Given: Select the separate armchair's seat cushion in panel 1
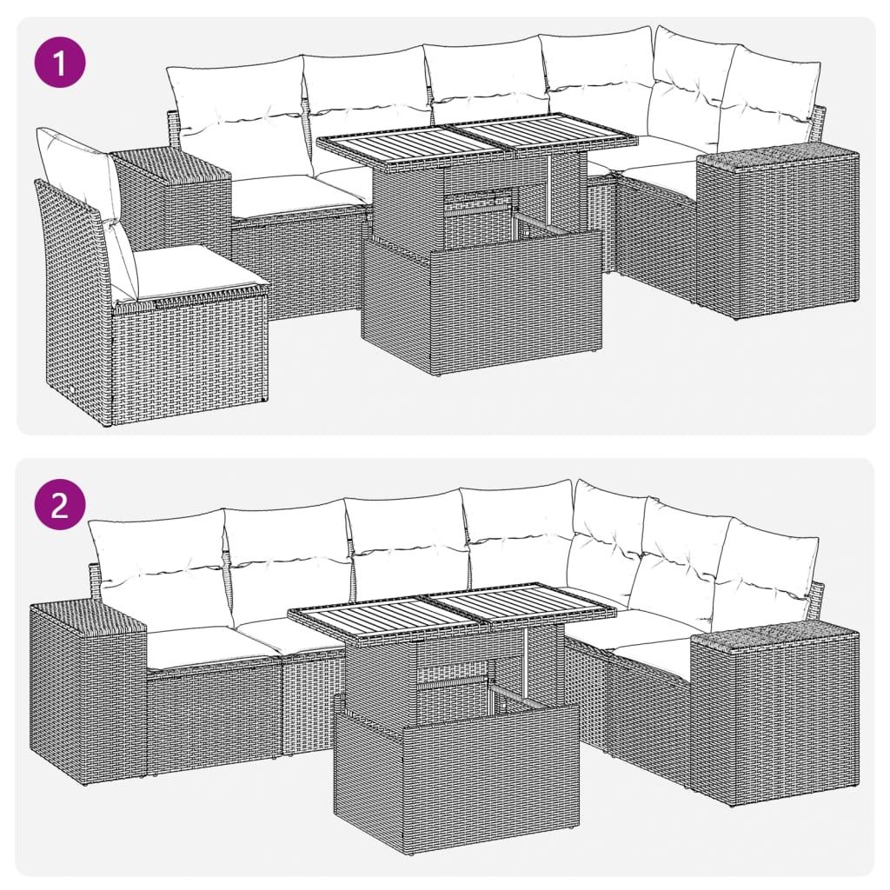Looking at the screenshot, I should pos(196,270).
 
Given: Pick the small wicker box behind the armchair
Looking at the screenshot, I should pos(174,196).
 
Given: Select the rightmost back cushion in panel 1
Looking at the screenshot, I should pos(769,100).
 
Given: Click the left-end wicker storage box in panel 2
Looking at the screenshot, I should pos(87,687).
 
